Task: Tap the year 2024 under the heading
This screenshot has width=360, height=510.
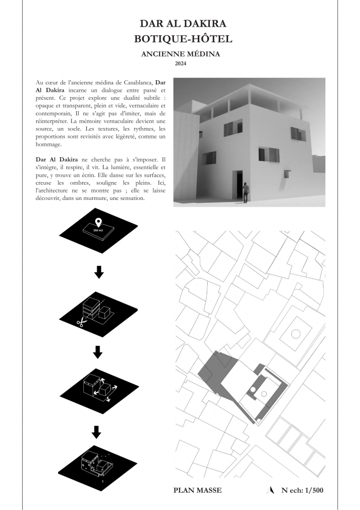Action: pos(180,63)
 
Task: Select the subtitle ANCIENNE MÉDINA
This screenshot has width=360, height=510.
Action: pos(180,54)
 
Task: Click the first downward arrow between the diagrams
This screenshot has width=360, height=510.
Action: pos(98,271)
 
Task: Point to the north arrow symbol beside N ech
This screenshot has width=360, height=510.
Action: pos(271,490)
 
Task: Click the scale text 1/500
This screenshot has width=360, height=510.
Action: pos(311,490)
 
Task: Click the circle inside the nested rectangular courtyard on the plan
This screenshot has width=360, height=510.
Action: pos(296,334)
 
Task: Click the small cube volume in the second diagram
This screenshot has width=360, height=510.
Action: pos(104,313)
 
